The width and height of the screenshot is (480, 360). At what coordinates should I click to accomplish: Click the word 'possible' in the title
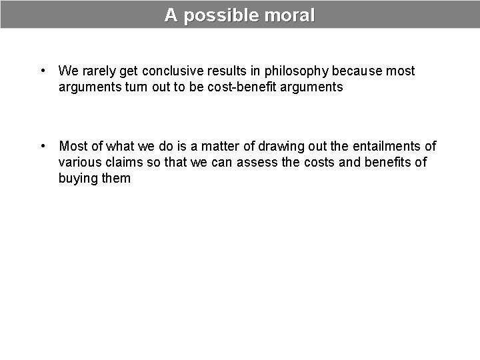[215, 15]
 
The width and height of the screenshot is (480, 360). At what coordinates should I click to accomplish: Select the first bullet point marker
[42, 71]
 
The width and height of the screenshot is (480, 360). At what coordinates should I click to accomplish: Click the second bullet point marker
[42, 145]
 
